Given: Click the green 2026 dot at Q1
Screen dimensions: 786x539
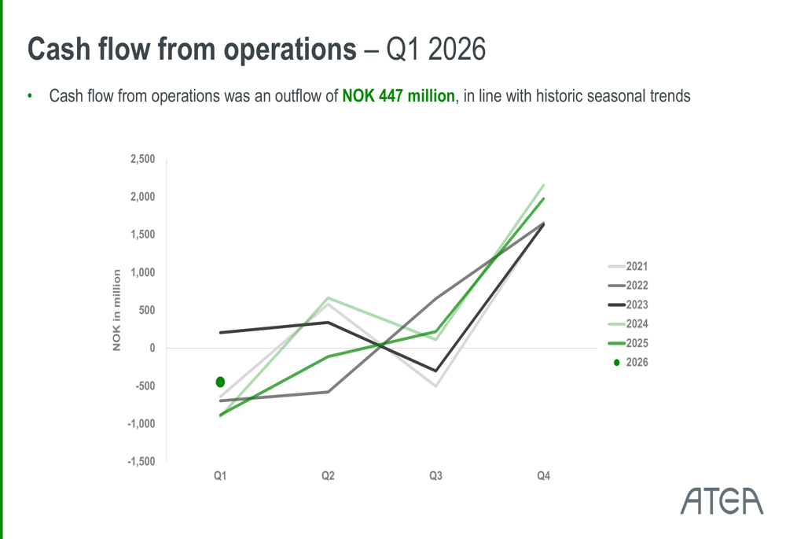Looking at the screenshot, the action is [x=220, y=382].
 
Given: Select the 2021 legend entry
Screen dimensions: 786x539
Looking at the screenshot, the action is [x=627, y=266].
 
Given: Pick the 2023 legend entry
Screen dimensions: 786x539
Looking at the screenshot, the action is [x=627, y=305].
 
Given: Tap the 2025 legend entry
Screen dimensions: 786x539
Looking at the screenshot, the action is [x=627, y=343].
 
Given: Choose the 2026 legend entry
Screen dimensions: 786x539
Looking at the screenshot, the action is [x=630, y=362].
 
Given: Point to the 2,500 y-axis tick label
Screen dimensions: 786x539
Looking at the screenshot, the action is [x=143, y=159].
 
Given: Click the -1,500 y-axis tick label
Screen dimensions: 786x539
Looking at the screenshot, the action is [x=141, y=462].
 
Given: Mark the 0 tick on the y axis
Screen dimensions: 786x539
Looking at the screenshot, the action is [x=152, y=349].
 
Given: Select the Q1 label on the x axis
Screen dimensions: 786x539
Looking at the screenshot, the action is [x=220, y=476].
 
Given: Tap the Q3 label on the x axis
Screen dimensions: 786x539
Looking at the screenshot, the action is [x=435, y=476].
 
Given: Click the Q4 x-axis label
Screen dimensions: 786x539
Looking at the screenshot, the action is [x=543, y=476].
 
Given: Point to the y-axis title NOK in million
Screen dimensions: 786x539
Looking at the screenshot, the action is [x=116, y=310].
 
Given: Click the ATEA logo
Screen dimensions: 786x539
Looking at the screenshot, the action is [x=722, y=501].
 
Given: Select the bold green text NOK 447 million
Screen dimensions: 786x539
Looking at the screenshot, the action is [x=399, y=95].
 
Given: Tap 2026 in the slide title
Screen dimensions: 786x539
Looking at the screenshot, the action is [x=457, y=50].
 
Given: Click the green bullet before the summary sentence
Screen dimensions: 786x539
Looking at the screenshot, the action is [x=30, y=95].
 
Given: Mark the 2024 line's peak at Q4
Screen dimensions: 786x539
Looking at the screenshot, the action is [x=544, y=185].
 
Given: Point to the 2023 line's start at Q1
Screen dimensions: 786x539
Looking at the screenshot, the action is [x=221, y=332].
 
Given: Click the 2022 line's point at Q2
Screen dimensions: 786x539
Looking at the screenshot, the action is [x=328, y=392].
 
